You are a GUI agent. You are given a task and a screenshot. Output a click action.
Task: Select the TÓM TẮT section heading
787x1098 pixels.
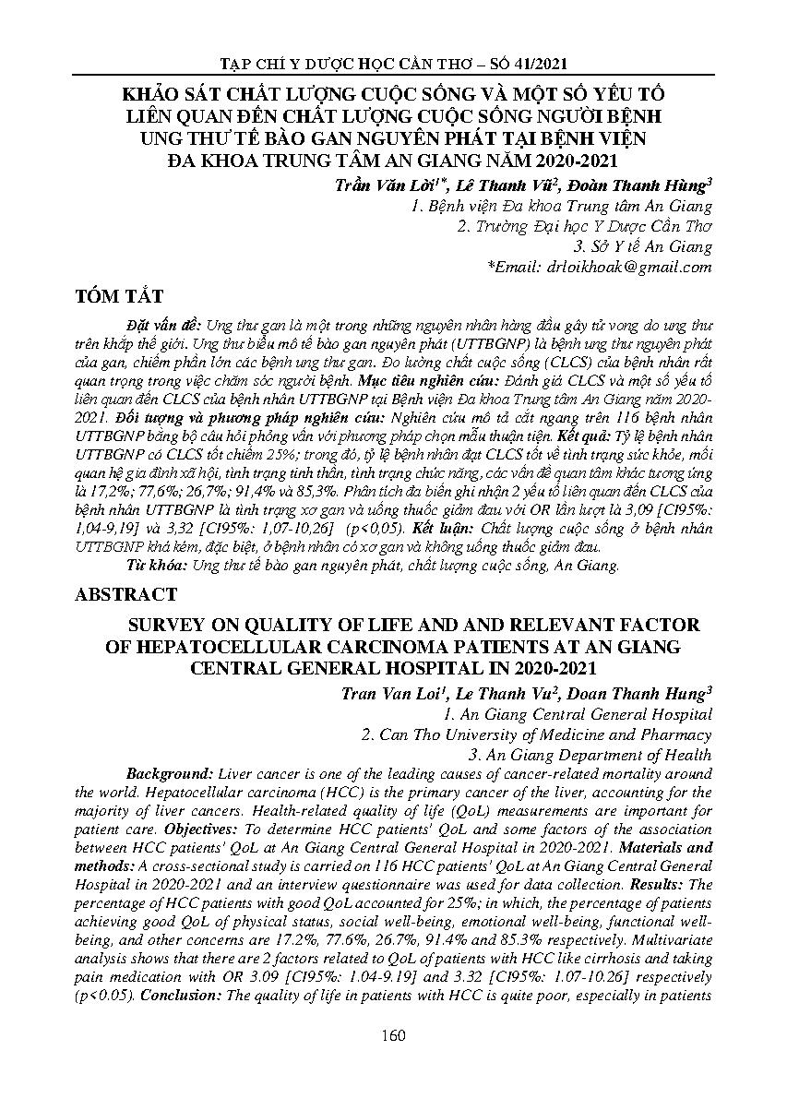119,296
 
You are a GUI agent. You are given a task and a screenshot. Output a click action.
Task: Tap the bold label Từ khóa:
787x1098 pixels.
148,566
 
